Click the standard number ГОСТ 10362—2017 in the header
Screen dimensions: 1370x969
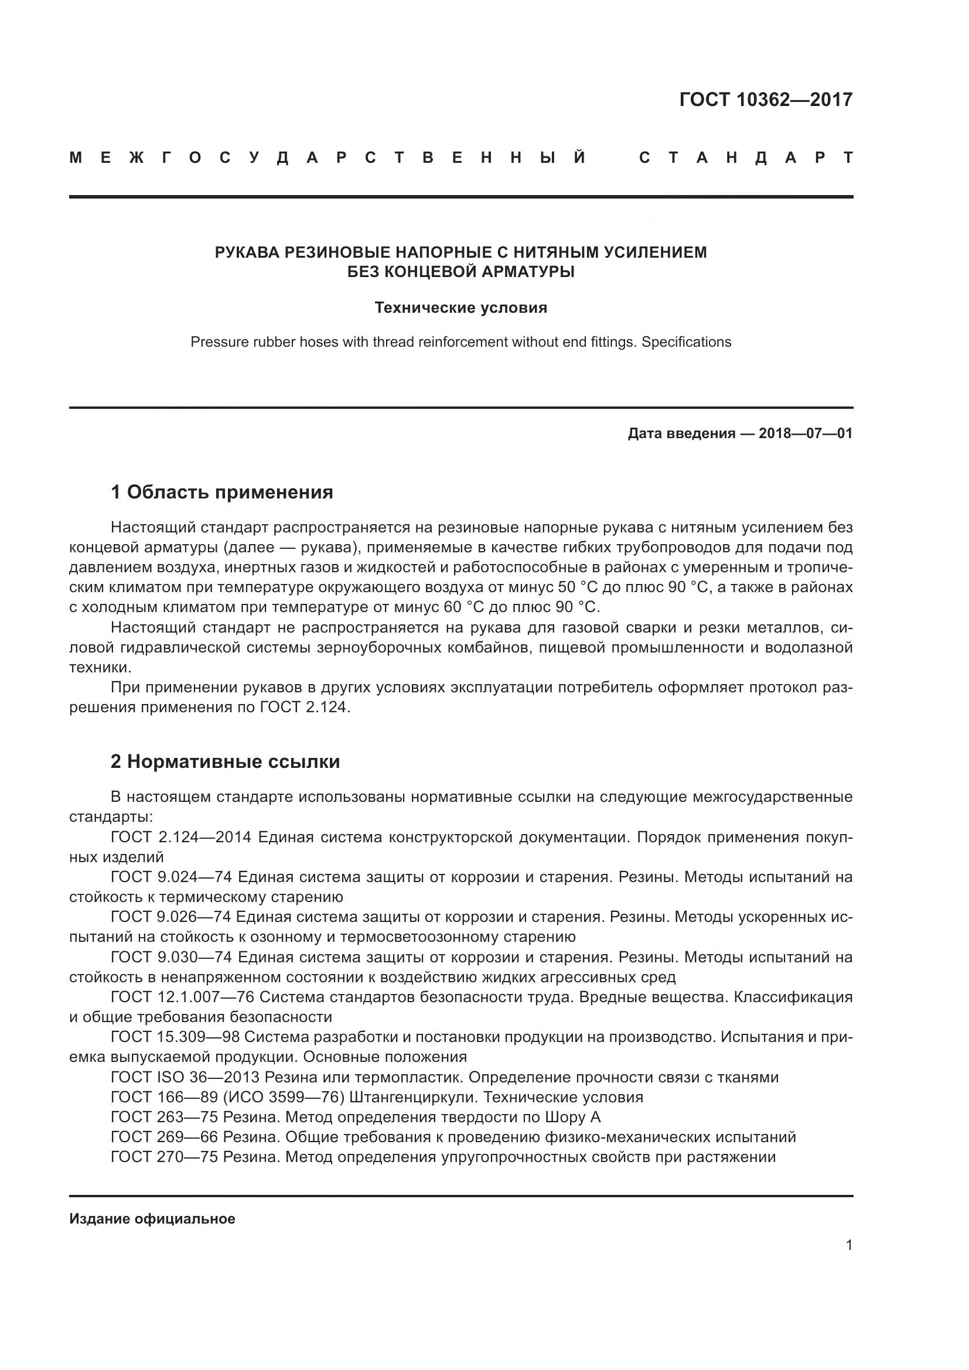[766, 100]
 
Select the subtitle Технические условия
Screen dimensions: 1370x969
[460, 308]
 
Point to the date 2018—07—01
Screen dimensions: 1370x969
[806, 434]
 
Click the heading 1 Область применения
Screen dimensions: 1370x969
[221, 492]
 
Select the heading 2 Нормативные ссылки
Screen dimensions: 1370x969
[225, 762]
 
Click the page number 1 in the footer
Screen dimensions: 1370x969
[848, 1245]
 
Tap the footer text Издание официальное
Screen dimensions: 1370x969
[152, 1219]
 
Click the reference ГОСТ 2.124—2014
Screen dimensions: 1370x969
[182, 838]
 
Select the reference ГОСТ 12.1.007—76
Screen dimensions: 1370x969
[182, 997]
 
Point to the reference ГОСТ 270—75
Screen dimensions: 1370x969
[164, 1157]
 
